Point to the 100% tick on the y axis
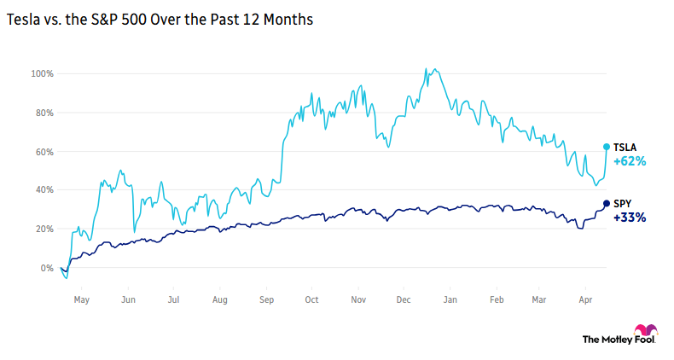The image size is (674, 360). coord(43,74)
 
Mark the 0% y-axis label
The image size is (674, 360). coord(47,268)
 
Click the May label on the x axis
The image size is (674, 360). coord(82,300)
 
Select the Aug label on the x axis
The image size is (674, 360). coord(219,300)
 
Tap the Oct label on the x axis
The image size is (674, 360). coord(311,300)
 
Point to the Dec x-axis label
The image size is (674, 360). coord(404,300)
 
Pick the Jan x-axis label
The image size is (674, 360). coord(450,300)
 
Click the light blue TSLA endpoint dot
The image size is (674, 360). coord(607,147)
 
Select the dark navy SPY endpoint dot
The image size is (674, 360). coord(607,203)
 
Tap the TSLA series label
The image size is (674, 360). coord(626,147)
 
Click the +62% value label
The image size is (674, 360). coord(630,160)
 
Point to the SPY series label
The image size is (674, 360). coord(623,203)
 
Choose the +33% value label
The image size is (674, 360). coord(630,218)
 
